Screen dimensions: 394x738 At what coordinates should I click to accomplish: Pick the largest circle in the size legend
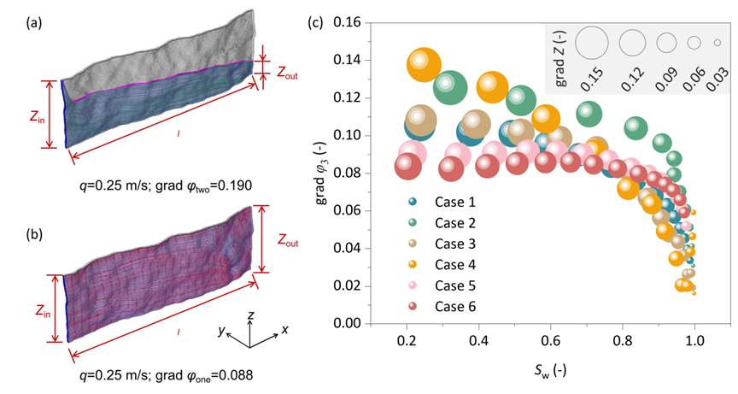click(x=591, y=41)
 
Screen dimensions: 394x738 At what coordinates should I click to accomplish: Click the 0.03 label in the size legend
click(x=718, y=78)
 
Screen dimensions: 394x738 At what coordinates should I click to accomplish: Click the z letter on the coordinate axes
click(x=249, y=315)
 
